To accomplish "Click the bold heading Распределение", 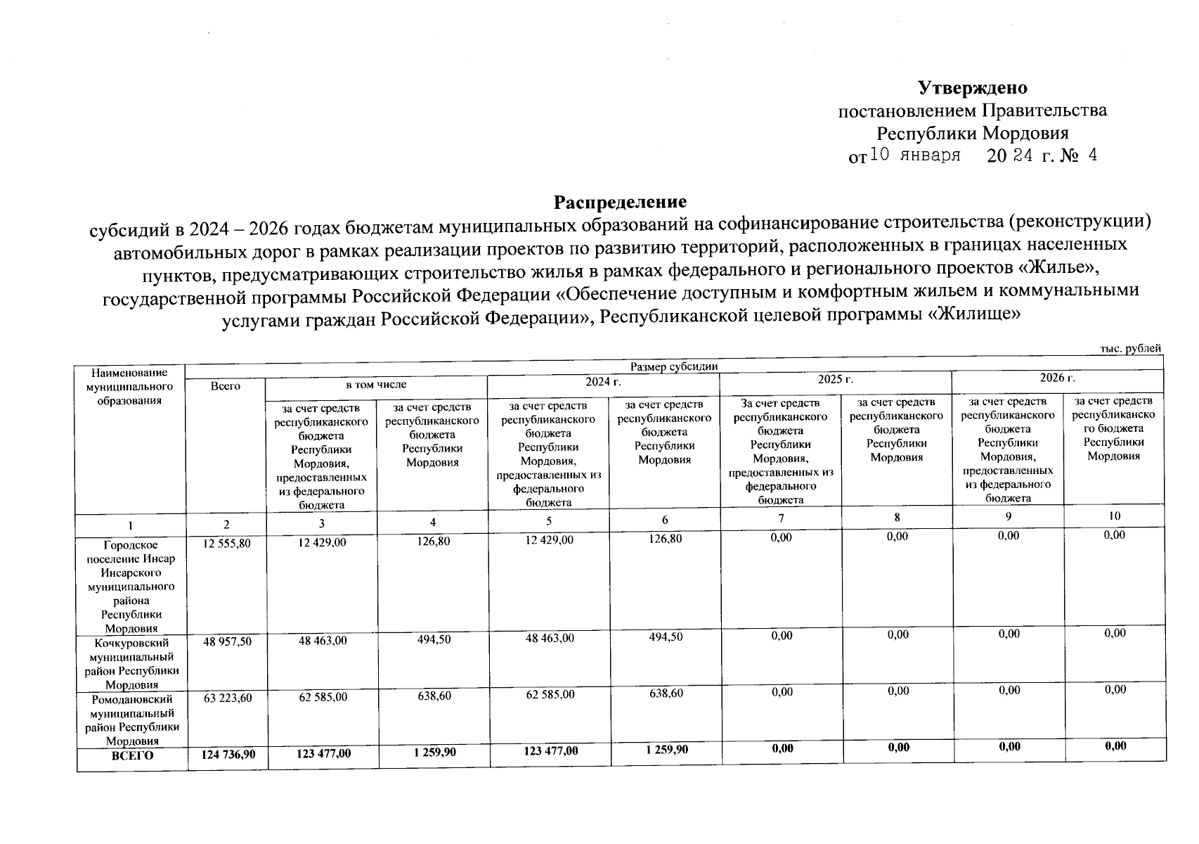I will click(620, 202).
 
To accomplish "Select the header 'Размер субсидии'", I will click(673, 366).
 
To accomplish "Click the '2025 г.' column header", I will click(835, 379).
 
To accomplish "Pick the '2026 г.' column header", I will click(1057, 378).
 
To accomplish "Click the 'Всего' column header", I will click(225, 385).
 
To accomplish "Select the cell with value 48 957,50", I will click(226, 642).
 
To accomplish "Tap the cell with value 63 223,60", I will click(226, 698).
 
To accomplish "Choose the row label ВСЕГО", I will click(132, 755).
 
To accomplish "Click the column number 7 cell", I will click(781, 518).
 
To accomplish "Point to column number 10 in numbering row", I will click(1114, 516).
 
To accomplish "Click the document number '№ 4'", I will click(1082, 155).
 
